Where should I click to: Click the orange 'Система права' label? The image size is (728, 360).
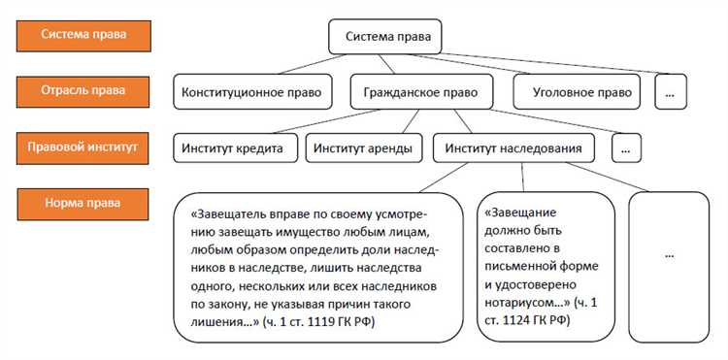click(x=82, y=36)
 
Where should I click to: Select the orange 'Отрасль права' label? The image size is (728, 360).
click(x=82, y=91)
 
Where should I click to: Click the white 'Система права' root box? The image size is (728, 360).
click(x=386, y=38)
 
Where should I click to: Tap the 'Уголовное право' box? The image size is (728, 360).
click(x=573, y=92)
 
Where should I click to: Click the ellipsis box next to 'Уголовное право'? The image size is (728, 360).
click(x=671, y=92)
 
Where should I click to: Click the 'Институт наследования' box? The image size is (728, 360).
click(x=513, y=148)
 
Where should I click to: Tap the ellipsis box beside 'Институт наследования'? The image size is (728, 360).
click(x=629, y=148)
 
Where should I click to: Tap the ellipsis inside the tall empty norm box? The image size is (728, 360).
click(x=670, y=254)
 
